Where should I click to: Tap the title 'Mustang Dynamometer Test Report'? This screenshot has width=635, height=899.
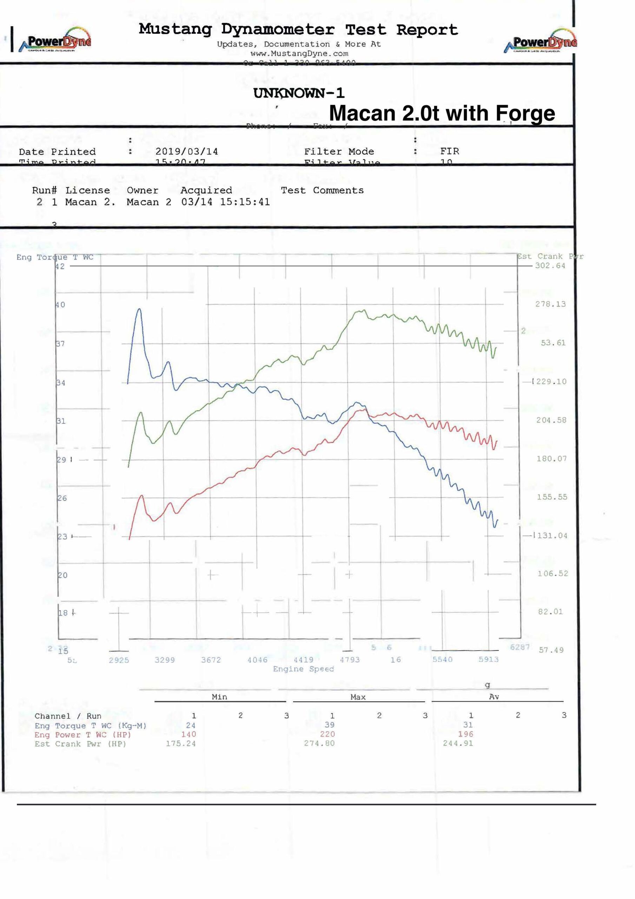[x=298, y=30]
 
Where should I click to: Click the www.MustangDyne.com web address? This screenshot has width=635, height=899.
[x=299, y=53]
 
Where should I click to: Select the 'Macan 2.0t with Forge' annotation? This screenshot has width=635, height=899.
[x=442, y=113]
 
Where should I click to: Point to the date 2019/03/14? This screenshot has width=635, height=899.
[x=186, y=151]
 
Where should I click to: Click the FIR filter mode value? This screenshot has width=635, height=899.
[x=449, y=151]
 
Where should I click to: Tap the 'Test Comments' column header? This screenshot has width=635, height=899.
[x=322, y=190]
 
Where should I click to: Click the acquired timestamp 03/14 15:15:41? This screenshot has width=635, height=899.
[x=225, y=202]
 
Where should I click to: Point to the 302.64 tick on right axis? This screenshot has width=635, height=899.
[x=550, y=266]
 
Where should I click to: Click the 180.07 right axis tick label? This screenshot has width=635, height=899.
[x=551, y=459]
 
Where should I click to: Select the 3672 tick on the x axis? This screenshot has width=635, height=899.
[x=211, y=660]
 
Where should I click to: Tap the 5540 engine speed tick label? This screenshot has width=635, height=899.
[x=442, y=660]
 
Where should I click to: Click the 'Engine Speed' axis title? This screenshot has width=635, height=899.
[x=303, y=669]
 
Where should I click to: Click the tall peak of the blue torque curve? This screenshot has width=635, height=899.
[x=139, y=309]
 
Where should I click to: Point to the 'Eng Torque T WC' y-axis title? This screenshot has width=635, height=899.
[x=55, y=257]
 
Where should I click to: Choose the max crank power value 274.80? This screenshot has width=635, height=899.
[x=319, y=743]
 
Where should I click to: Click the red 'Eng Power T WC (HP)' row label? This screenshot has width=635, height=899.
[x=82, y=735]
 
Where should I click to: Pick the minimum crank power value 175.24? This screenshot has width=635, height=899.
[x=180, y=743]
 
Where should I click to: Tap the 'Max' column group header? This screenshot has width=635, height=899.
[x=358, y=697]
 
